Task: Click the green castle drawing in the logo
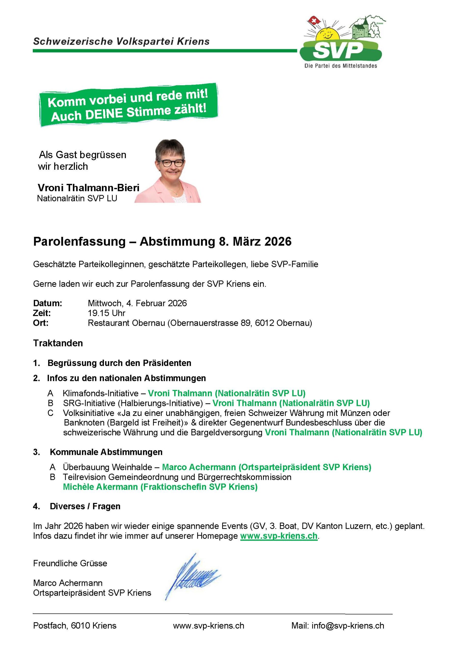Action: (x=360, y=29)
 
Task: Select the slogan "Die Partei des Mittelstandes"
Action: (x=341, y=66)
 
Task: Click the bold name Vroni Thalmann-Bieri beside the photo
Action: (x=89, y=188)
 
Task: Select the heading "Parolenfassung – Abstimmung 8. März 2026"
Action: (x=162, y=241)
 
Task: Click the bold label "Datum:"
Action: (x=47, y=303)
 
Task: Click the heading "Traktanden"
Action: (x=58, y=343)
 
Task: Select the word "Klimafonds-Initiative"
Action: (x=100, y=393)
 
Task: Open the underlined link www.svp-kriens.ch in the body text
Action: (x=279, y=536)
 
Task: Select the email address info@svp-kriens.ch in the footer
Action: (x=348, y=626)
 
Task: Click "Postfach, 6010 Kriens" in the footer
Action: (x=75, y=626)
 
